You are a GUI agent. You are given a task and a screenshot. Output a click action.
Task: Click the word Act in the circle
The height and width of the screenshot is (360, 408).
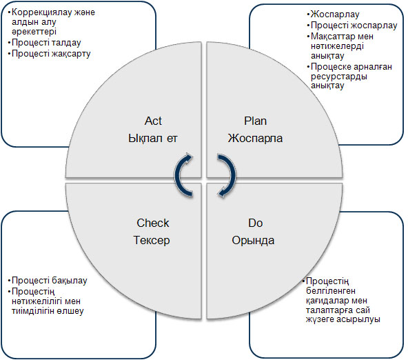click(153, 121)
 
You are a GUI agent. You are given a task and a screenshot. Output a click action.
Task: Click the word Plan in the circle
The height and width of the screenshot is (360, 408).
click(255, 121)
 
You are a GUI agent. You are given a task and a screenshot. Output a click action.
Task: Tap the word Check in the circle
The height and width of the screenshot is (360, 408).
click(153, 223)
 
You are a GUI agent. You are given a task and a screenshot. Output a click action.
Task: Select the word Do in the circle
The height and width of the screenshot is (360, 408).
click(255, 223)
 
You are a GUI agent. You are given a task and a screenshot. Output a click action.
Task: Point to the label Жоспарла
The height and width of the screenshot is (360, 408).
click(255, 138)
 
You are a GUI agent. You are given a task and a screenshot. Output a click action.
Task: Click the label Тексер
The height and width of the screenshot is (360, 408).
click(152, 240)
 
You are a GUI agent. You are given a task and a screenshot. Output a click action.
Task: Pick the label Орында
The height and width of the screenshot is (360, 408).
click(253, 240)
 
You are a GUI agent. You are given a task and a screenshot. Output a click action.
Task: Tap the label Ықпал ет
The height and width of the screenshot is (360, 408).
click(153, 138)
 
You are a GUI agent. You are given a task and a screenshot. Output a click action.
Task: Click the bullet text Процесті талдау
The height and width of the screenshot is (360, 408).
click(46, 43)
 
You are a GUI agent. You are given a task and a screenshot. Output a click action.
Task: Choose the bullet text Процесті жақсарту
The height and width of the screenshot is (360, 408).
click(51, 54)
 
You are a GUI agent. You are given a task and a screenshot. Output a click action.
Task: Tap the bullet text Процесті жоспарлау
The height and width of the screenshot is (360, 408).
click(354, 26)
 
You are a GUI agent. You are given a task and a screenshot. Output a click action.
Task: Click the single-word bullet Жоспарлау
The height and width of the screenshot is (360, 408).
click(335, 14)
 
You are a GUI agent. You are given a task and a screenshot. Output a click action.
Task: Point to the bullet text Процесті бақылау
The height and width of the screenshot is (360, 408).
click(50, 281)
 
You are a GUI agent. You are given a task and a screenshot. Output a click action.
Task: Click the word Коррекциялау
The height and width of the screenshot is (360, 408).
click(42, 12)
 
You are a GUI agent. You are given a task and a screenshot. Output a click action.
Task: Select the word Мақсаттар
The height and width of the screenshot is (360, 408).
click(331, 37)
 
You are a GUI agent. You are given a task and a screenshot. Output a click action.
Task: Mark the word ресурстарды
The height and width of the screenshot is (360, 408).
click(339, 77)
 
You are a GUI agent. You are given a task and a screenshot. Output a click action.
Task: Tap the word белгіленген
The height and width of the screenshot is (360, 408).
click(330, 291)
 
